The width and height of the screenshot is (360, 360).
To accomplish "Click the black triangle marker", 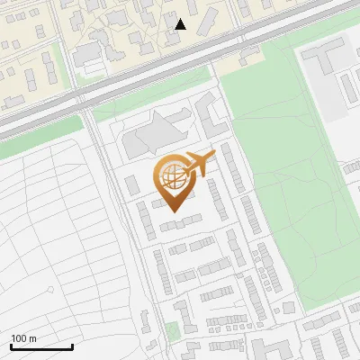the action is coord(181,24).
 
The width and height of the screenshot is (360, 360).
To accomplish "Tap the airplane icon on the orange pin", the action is coord(200,163).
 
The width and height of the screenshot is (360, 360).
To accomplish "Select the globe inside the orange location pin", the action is coord(175,177).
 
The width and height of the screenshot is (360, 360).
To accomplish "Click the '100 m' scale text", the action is coord(24,338).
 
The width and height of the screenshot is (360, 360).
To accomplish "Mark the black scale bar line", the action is coord(41,346).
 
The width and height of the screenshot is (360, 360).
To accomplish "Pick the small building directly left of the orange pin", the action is coord(132,185).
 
